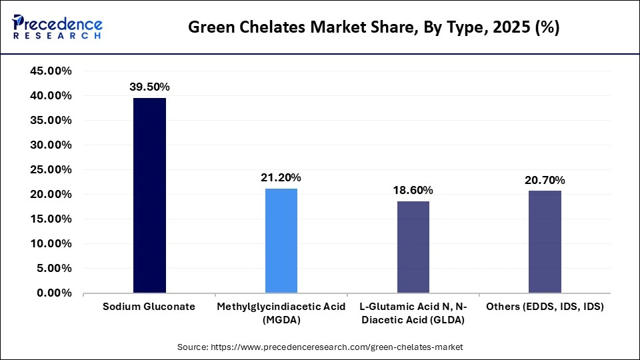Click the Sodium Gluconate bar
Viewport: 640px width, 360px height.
tap(149, 195)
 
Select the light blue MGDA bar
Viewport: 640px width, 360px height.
tap(281, 241)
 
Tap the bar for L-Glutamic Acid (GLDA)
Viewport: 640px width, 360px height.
tap(413, 247)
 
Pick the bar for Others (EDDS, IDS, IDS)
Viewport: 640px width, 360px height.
tap(545, 241)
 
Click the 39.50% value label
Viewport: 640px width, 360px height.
tap(149, 87)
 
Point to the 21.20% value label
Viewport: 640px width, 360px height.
tap(281, 177)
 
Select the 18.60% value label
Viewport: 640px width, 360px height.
tap(413, 190)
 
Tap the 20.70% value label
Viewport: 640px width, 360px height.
tap(545, 180)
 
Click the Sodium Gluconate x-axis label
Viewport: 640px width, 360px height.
tap(149, 307)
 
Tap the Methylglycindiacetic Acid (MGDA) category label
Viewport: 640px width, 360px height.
tap(281, 313)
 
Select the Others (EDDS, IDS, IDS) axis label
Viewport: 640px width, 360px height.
tap(545, 307)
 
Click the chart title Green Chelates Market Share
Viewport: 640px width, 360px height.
tap(374, 27)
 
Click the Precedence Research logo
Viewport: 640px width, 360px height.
tap(57, 27)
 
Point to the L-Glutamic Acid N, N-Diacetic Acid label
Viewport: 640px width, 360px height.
tap(413, 313)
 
